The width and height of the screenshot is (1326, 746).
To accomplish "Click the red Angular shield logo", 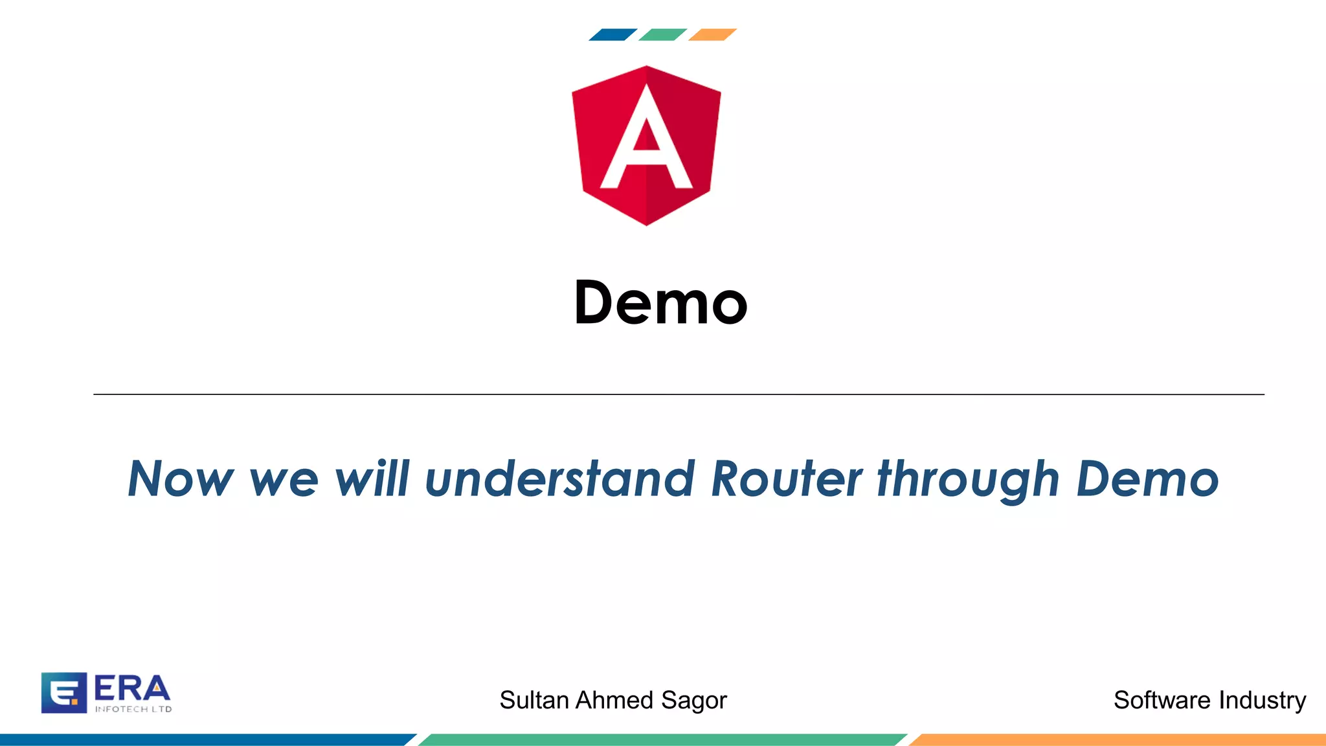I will [x=646, y=146].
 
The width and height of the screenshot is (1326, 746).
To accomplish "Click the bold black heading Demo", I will [x=660, y=302].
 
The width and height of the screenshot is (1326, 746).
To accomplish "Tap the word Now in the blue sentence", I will [x=181, y=479].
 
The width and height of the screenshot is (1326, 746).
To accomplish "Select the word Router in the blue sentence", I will [x=787, y=479].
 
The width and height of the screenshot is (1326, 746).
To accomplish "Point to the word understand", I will [x=560, y=479].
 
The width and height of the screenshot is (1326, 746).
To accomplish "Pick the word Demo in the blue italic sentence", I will [x=1147, y=479].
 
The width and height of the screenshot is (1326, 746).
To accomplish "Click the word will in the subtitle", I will [x=372, y=479].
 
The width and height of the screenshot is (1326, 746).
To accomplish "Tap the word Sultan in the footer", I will [x=534, y=700].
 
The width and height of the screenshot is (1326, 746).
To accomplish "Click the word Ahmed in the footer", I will [x=614, y=700].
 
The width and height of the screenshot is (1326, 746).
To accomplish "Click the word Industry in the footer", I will [x=1262, y=701].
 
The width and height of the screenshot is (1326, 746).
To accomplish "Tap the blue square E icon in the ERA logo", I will [x=63, y=692].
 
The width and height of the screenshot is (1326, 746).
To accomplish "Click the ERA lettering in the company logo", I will [x=132, y=688].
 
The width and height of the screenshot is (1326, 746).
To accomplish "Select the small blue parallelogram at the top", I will [x=612, y=34].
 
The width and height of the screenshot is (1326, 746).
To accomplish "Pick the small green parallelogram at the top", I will [x=662, y=34].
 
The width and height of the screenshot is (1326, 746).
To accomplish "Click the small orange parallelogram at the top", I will [x=712, y=34].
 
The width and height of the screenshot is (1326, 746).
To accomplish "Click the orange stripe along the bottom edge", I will [x=1120, y=740].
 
